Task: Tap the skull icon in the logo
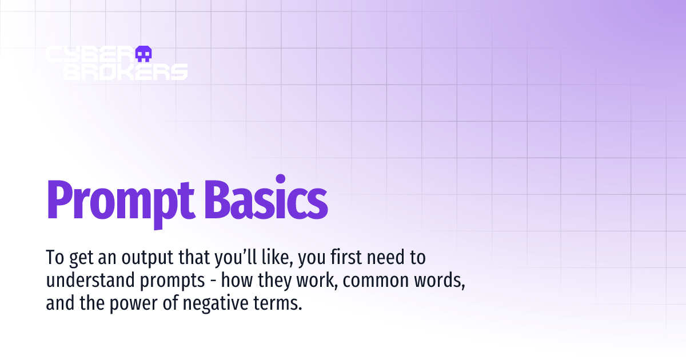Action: [143, 54]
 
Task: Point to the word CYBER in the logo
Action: [87, 54]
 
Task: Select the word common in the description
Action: [381, 281]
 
